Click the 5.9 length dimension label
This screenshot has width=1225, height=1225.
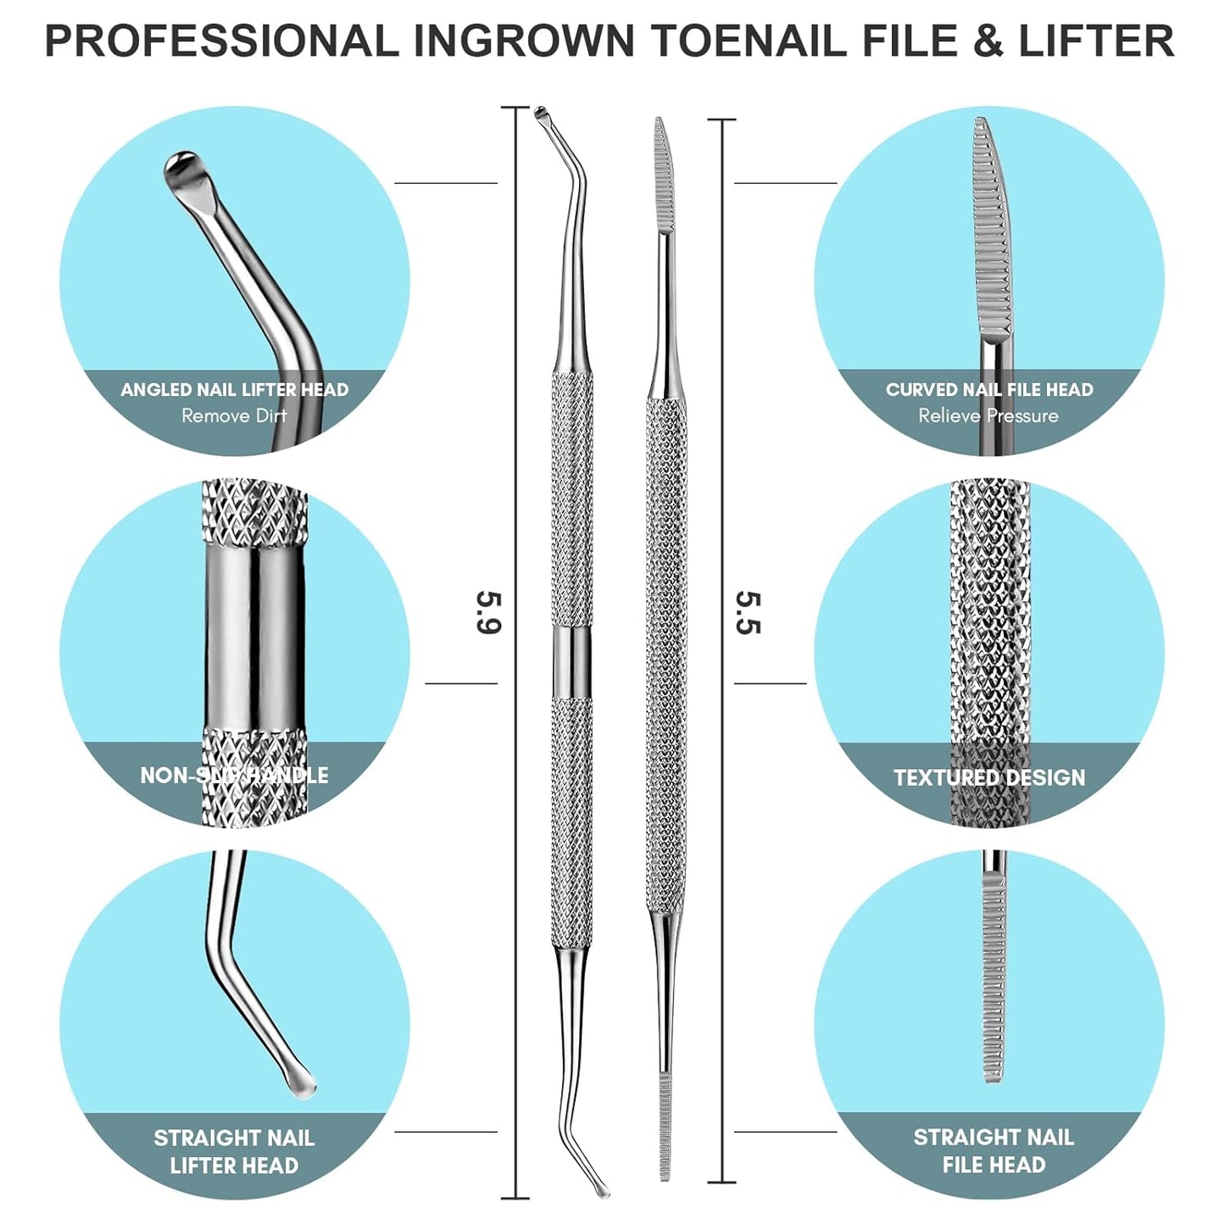coord(489,613)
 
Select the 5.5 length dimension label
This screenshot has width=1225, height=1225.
coord(749,613)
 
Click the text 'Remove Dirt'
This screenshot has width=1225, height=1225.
coord(234,416)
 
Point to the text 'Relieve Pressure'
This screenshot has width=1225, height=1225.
coord(988,416)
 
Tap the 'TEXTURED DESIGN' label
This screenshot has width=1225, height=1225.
coord(989,777)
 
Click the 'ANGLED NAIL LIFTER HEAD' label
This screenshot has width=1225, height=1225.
coord(234,390)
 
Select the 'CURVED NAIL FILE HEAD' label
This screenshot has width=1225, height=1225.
coord(989,390)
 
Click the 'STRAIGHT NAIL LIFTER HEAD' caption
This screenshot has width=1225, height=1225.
coord(234,1151)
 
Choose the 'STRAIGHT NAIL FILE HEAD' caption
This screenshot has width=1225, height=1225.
coord(994,1150)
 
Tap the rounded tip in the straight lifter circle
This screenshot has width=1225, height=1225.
coord(300,1084)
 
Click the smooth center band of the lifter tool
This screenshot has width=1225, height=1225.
coord(572,663)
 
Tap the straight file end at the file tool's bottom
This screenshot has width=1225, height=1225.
coord(665,1128)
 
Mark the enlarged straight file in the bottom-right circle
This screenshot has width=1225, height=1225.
coord(994,975)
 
